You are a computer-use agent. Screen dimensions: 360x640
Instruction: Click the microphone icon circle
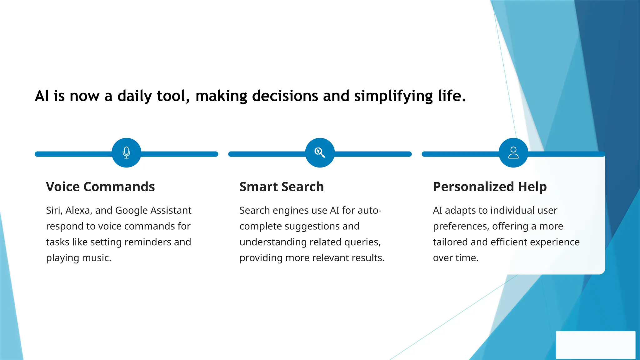126,152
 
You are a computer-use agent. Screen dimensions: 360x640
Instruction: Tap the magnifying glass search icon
320,152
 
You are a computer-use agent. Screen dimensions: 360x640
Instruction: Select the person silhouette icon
513,152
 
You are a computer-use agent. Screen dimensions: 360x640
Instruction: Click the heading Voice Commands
100,187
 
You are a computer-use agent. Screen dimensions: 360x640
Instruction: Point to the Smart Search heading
282,187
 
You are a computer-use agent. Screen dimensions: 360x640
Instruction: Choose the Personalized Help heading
490,187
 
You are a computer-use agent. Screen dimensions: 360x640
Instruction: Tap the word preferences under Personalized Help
461,226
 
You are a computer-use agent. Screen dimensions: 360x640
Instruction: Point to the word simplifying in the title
393,96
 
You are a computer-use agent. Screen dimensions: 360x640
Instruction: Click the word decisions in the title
285,96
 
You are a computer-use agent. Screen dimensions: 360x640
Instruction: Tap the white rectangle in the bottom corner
596,345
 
